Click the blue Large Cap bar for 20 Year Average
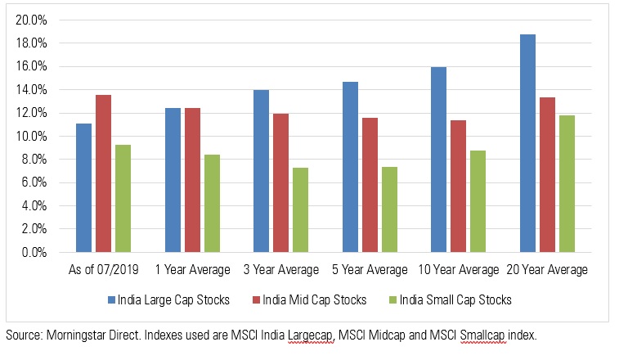tap(529, 143)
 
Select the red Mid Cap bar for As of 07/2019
tap(104, 173)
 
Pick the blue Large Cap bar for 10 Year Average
tap(438, 160)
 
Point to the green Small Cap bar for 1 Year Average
tap(212, 204)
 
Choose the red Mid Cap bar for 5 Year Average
tap(370, 185)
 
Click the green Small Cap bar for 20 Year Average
tap(567, 184)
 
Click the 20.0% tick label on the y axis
tap(30, 20)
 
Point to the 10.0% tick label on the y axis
tap(30, 136)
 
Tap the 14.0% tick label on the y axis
tap(30, 89)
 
